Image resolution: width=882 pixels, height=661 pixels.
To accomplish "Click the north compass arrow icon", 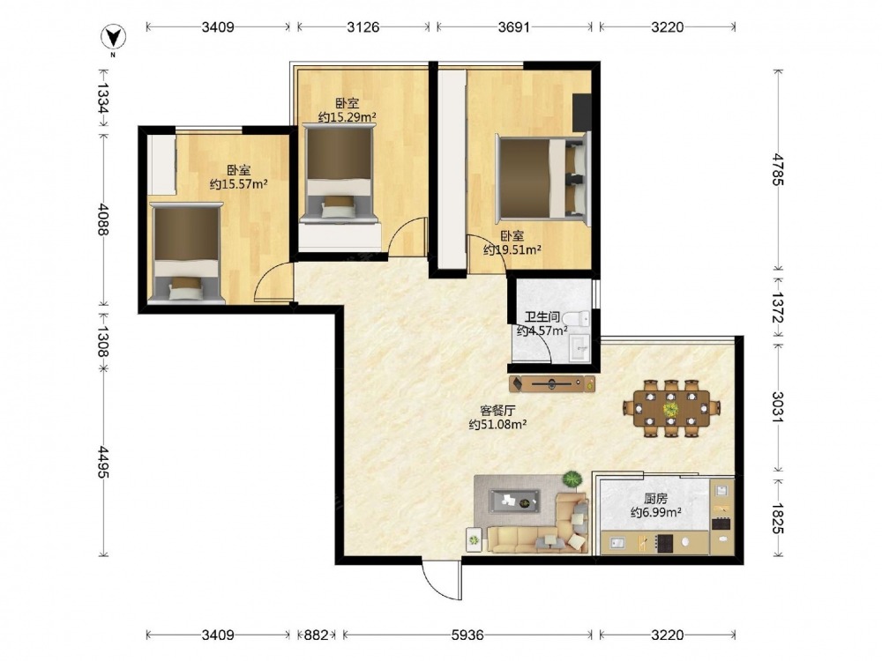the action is coord(113,38).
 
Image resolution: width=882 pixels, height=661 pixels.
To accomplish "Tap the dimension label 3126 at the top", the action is coord(363,26).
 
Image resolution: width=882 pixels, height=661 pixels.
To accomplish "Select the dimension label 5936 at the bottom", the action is coord(468,635).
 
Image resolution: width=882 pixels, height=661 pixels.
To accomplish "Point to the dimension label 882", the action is coord(316,635).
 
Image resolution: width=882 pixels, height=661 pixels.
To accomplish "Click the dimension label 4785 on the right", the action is coord(778,169).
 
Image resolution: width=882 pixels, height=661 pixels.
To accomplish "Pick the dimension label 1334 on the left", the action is coord(103,99).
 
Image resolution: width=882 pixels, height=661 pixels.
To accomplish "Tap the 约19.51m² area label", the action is coord(512,250).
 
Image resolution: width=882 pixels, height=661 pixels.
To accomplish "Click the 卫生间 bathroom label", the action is coord(542,317).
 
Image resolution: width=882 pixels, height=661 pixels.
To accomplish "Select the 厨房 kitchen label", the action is coord(656,499).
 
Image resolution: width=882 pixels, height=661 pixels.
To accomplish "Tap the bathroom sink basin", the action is coord(579,347).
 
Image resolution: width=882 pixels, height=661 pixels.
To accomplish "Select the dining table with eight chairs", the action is coord(671,408).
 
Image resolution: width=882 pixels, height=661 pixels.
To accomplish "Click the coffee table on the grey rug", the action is coord(514,501).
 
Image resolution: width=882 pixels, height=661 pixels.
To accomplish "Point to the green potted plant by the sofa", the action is coord(572,479).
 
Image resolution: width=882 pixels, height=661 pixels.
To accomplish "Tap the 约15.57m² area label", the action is coord(238,184).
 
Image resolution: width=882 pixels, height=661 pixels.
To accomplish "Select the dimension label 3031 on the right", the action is coord(778,407).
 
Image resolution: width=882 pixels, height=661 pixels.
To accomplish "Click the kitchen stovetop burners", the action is coord(664,542).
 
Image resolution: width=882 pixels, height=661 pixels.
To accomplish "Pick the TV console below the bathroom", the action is coord(552,384).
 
